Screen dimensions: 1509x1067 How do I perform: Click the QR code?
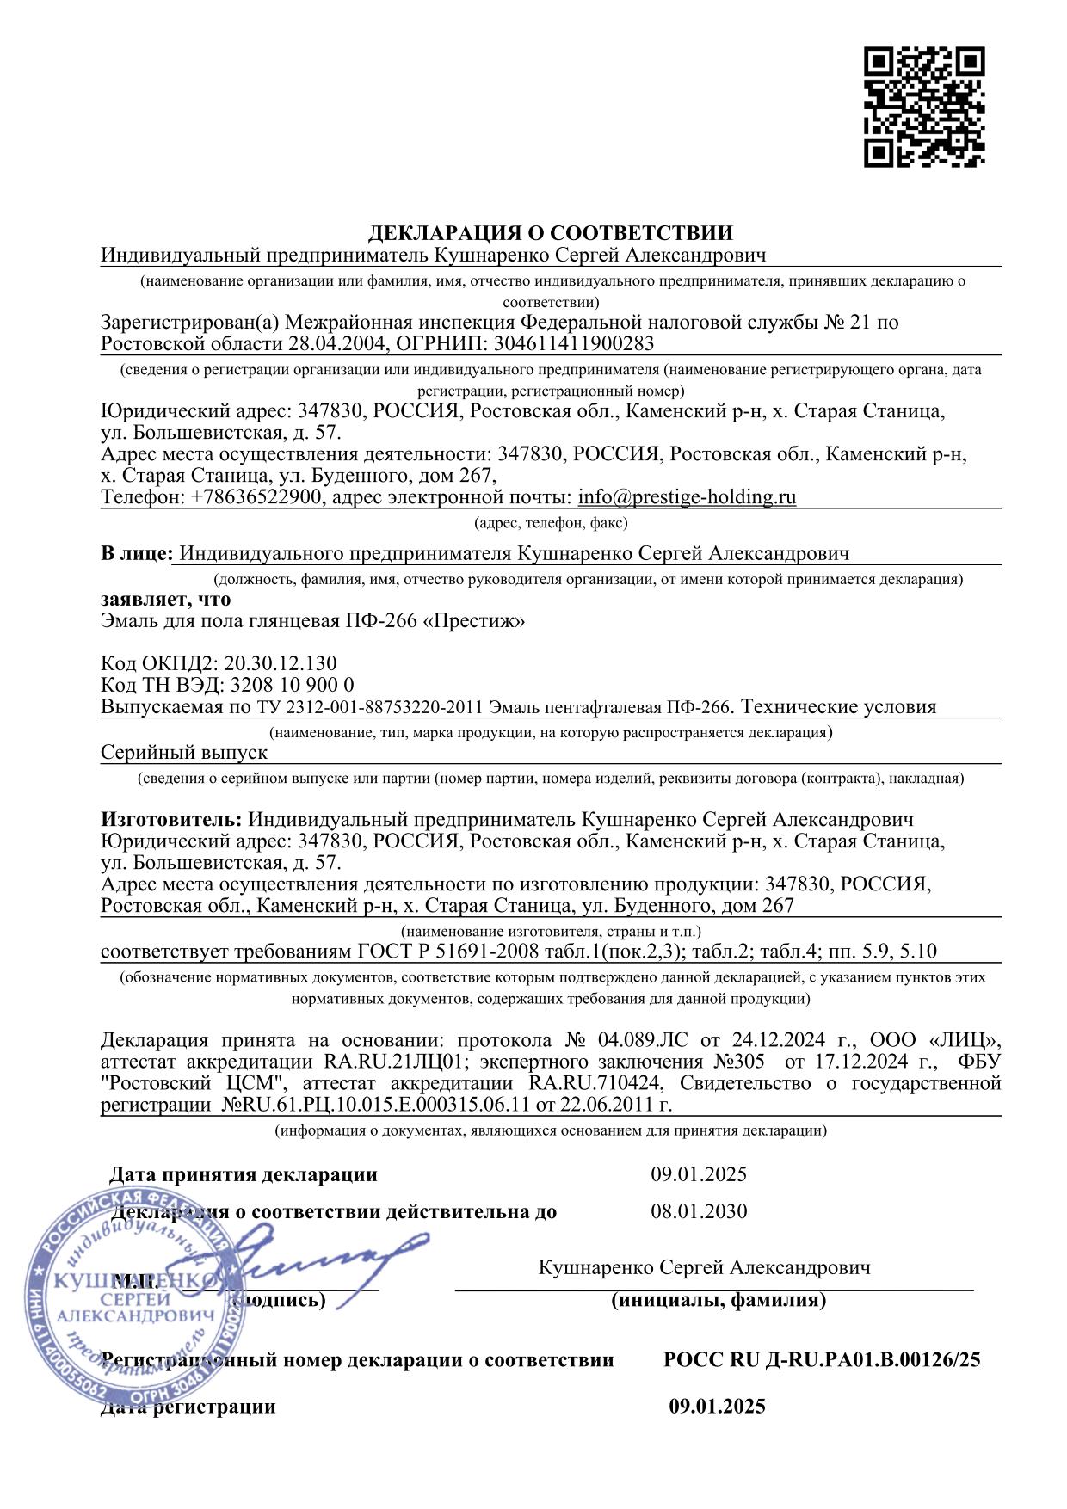pos(923,107)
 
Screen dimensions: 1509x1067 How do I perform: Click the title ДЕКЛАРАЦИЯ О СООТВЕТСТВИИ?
pos(551,232)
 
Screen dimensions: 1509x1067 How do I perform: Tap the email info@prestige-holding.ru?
pos(687,497)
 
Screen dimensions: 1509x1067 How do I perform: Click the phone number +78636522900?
pos(255,497)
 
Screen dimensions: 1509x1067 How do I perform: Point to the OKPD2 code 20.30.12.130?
pos(281,663)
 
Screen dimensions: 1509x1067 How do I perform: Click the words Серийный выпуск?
pos(184,752)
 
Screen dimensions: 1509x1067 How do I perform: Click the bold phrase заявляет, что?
pos(165,599)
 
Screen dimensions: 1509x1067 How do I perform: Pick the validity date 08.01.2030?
pos(699,1211)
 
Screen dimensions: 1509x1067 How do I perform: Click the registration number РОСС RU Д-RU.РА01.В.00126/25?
pos(822,1360)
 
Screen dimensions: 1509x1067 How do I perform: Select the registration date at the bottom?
pos(717,1407)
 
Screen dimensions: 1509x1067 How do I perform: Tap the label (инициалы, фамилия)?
pos(719,1300)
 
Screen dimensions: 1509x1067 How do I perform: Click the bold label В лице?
pos(137,553)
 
